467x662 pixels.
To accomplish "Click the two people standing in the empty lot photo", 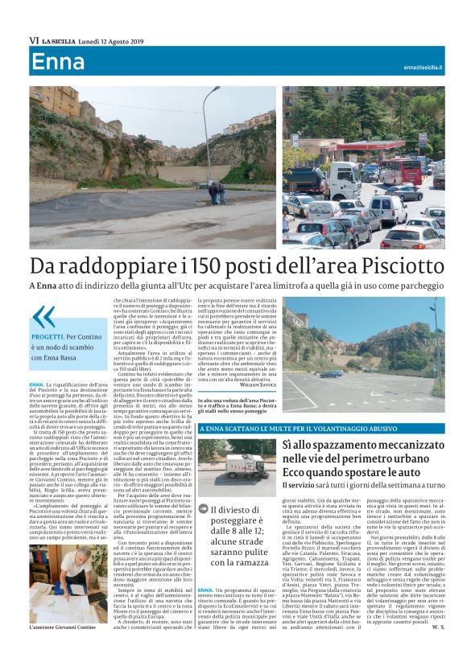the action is [x=217, y=192].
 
